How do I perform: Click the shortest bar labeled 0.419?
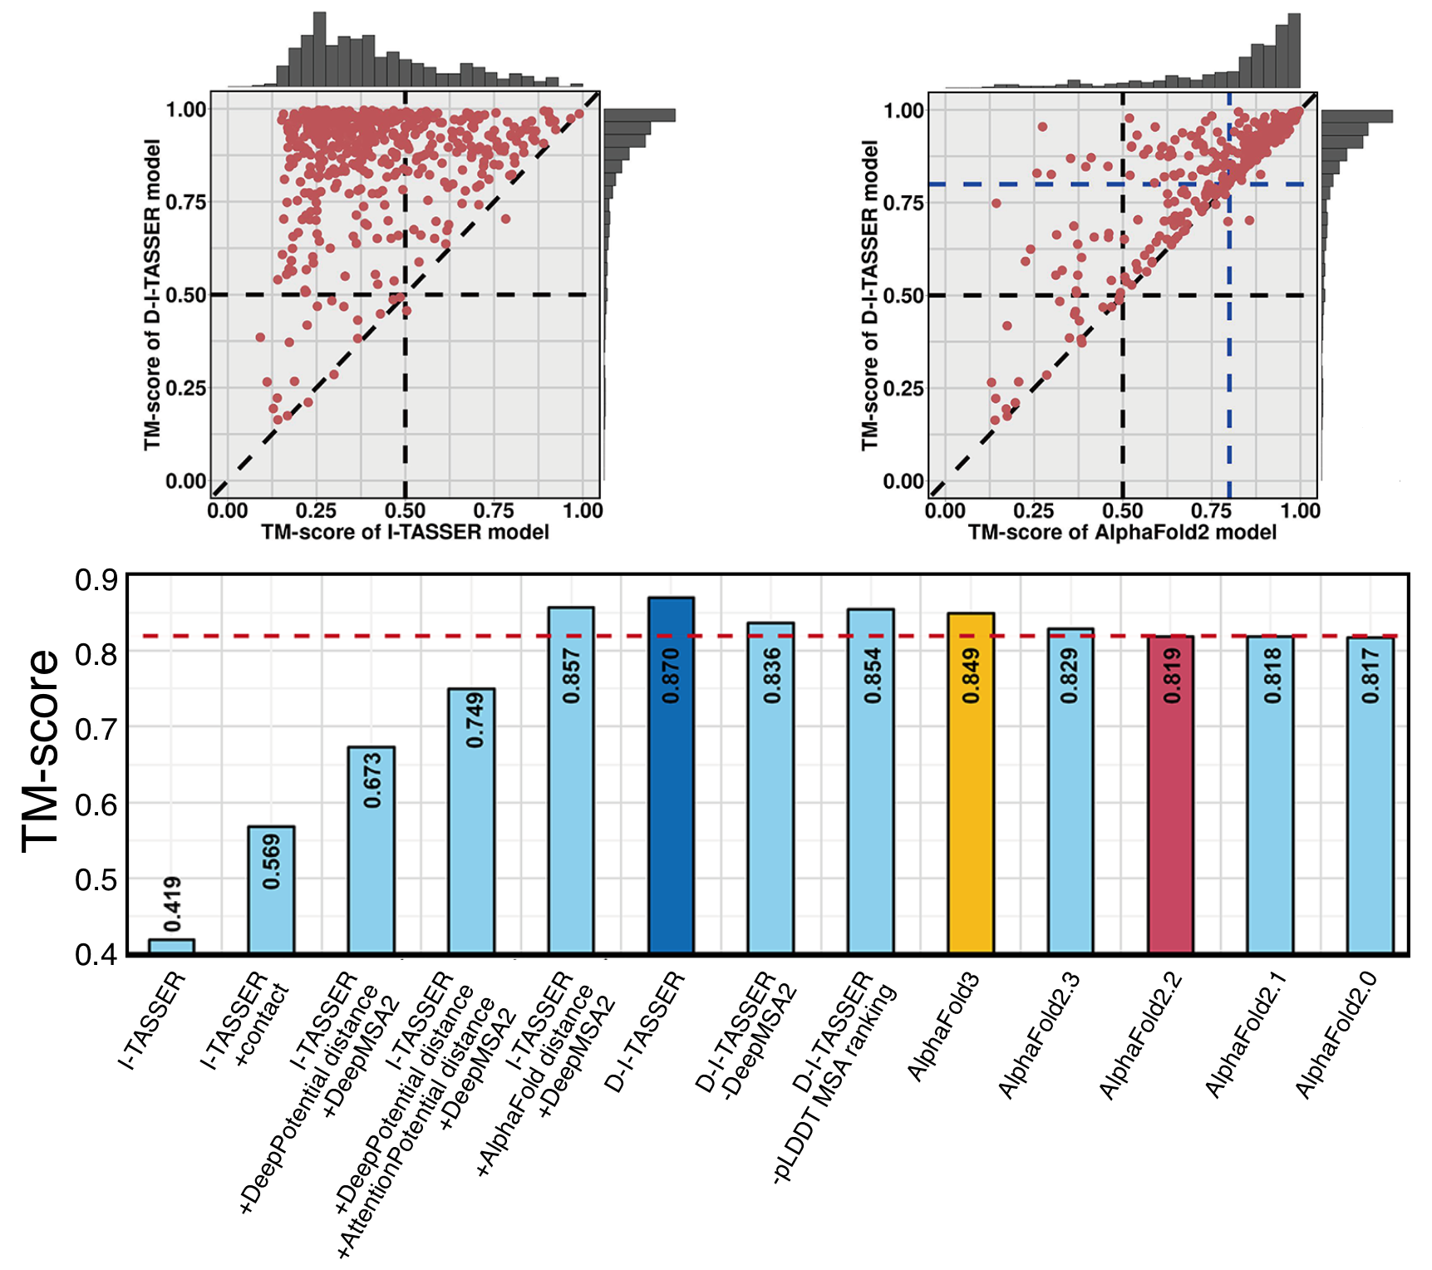point(171,946)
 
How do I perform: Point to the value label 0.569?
point(272,862)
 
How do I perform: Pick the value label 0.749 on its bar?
point(474,720)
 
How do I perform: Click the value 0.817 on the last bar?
point(1370,676)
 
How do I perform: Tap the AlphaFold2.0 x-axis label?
point(1337,1034)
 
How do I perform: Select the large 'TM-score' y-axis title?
point(41,751)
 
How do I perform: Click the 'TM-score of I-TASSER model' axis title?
point(405,532)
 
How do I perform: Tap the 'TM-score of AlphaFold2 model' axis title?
point(1122,532)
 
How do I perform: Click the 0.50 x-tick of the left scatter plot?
point(405,510)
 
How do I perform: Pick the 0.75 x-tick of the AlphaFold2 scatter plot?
point(1212,510)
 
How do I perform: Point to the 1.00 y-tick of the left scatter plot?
point(186,109)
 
